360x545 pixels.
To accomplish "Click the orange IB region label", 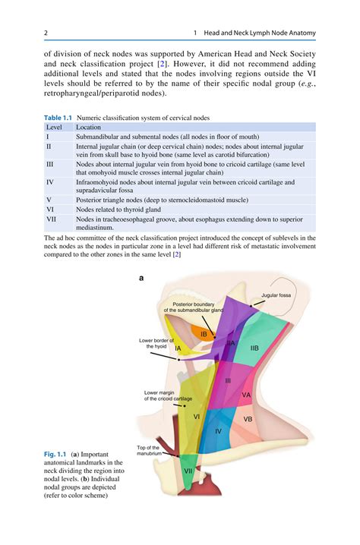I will coord(203,334).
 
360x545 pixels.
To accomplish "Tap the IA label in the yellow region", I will coord(177,348).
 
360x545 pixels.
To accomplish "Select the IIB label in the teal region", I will coord(254,348).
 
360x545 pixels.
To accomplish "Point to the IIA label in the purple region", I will coord(230,343).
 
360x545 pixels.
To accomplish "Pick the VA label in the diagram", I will coord(246,395).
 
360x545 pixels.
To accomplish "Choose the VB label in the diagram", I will coord(248,419).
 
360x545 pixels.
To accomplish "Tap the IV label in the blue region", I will coord(218,430).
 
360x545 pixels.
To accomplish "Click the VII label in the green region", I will coord(188,471).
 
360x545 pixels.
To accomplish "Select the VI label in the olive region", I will coord(196,416).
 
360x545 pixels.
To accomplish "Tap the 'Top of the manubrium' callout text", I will coord(148,450).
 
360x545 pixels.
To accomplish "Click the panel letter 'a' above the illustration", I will coord(141,278).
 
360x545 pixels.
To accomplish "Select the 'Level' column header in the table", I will coord(55,128).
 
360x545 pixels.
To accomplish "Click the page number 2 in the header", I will coord(46,33).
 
